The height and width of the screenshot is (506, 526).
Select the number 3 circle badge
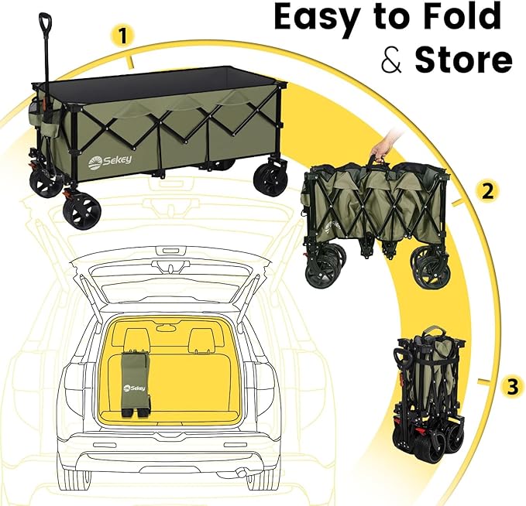(511, 387)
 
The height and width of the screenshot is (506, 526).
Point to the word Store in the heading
(463, 60)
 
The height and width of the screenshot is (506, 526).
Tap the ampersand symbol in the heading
(392, 60)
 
